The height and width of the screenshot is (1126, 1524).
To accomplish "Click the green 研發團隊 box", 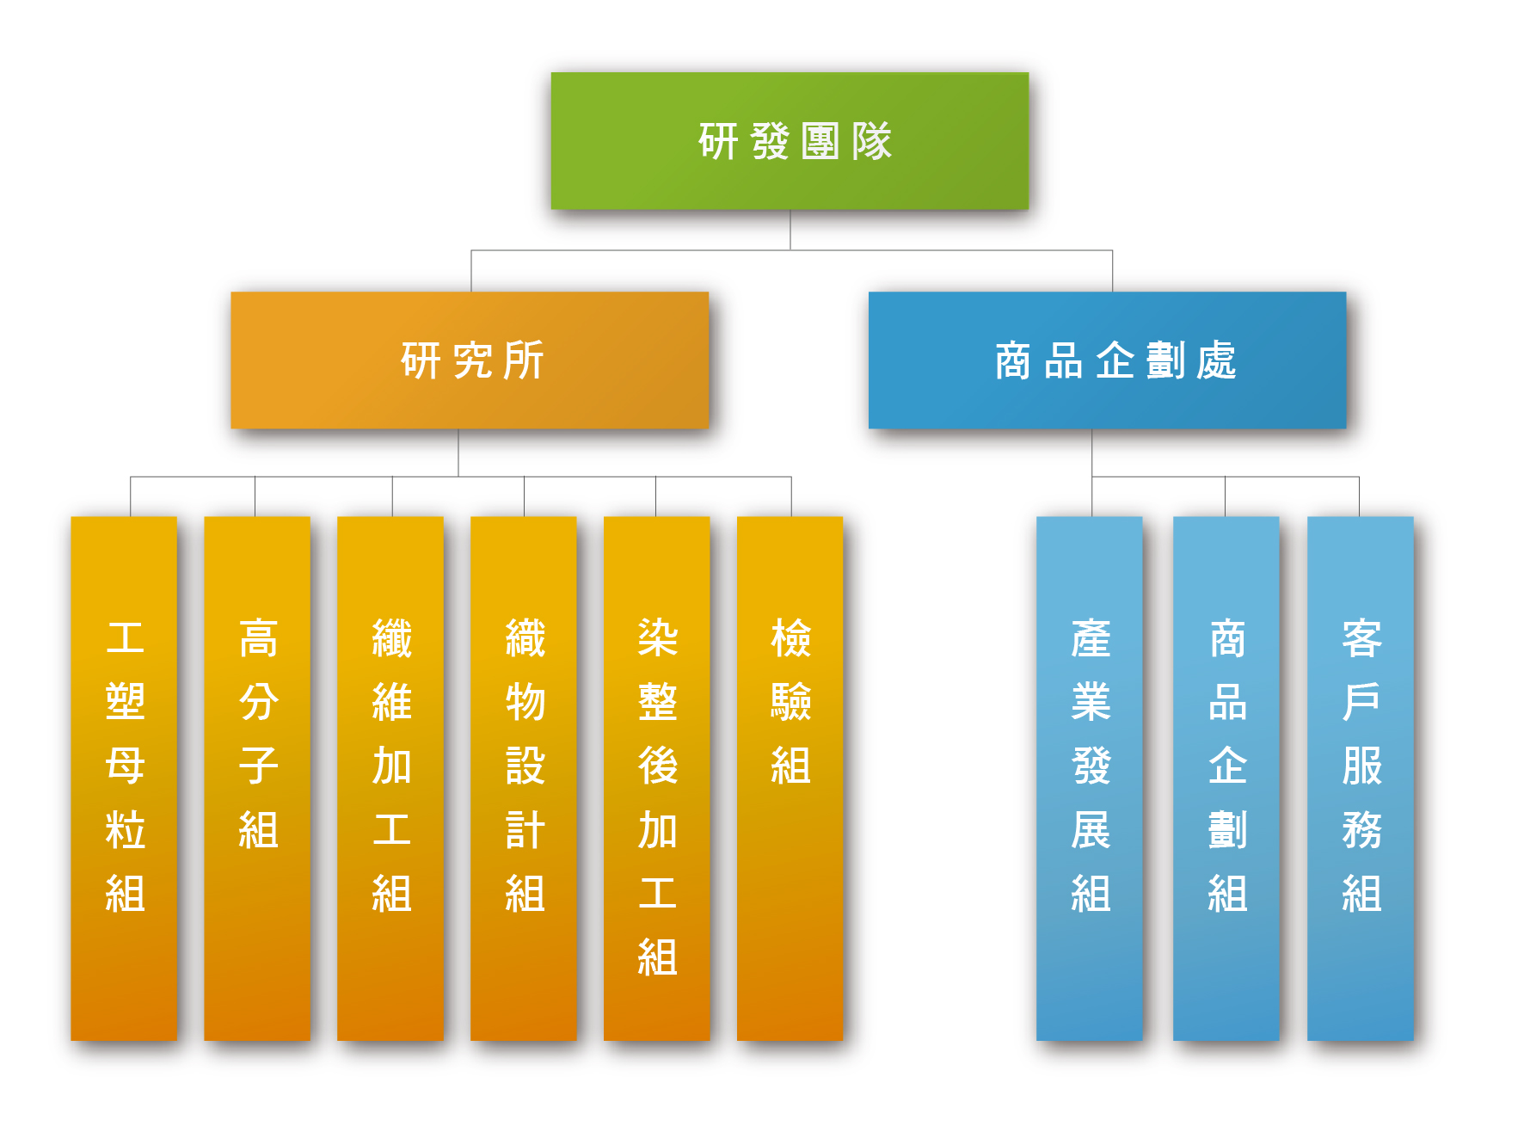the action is (790, 141).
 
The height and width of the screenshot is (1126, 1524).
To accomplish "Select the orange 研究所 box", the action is (470, 360).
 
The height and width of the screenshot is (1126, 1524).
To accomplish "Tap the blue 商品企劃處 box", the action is (1107, 360).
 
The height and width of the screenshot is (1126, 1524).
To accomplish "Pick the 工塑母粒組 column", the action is (124, 778).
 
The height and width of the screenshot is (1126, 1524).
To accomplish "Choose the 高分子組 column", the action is (257, 778).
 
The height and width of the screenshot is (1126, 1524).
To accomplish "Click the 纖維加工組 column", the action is (390, 778).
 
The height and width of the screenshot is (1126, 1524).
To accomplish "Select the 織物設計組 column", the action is (524, 778).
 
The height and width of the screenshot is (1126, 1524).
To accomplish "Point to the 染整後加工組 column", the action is (657, 778).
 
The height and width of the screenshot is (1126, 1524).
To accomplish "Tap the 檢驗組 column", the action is (790, 778).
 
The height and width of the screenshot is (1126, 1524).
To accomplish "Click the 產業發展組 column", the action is (1090, 778).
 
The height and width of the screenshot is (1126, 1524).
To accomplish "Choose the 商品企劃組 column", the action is (1226, 778).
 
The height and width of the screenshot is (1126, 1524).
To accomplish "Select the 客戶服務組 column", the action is (1361, 778).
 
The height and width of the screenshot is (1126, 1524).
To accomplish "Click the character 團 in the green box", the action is (820, 142).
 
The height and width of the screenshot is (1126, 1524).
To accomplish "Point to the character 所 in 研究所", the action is (524, 360).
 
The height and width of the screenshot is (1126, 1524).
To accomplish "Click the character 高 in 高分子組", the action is (258, 638).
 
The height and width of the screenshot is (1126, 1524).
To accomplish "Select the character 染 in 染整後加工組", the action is (658, 638).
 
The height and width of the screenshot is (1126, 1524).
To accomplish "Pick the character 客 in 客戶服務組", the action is (1361, 638).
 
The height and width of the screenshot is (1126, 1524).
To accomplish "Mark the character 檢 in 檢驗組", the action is (791, 638).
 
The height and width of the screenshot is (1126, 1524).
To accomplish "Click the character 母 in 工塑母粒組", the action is (125, 766).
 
